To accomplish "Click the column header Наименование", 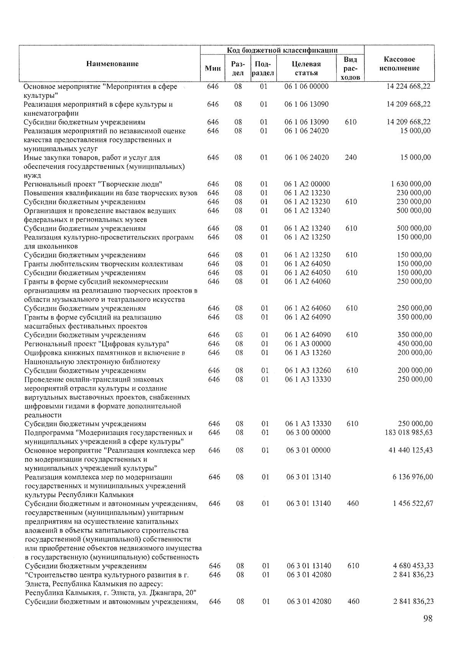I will pyautogui.click(x=112, y=64).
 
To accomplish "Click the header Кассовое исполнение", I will pyautogui.click(x=399, y=64).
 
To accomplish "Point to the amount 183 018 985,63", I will pyautogui.click(x=409, y=432).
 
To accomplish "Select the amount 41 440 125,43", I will pyautogui.click(x=411, y=450).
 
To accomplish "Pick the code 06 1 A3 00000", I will pyautogui.click(x=307, y=344).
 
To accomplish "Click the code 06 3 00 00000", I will pyautogui.click(x=308, y=432).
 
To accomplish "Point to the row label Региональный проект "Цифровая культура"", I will pyautogui.click(x=97, y=344).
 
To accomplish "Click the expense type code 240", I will pyautogui.click(x=351, y=157).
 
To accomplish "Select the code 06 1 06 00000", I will pyautogui.click(x=306, y=86).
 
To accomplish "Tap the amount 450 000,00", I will pyautogui.click(x=414, y=344).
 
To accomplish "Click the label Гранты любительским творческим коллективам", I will pyautogui.click(x=103, y=264).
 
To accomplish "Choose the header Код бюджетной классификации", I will pyautogui.click(x=282, y=50).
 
